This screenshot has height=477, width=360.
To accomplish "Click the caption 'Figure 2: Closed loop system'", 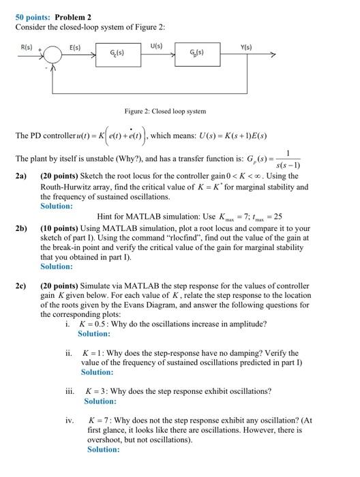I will tap(164, 110).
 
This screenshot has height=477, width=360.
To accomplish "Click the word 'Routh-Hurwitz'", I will tap(66, 186).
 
